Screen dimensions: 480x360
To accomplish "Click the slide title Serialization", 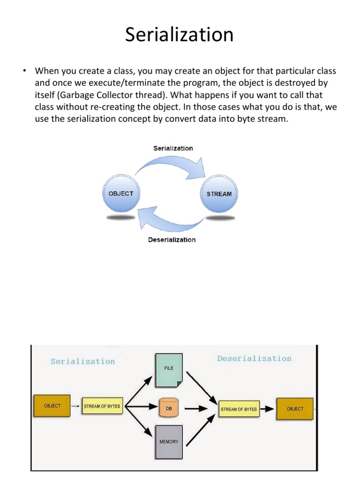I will tap(179, 35).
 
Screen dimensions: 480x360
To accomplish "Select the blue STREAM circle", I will tap(219, 194).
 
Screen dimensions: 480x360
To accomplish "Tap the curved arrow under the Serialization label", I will tap(173, 166).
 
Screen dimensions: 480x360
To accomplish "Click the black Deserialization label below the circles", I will tap(172, 240).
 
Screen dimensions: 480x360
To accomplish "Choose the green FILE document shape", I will tap(169, 370).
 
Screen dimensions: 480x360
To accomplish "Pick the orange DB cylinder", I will tap(169, 408).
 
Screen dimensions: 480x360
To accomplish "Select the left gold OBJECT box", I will tap(52, 406).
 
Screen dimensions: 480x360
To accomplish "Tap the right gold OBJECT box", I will tap(295, 409).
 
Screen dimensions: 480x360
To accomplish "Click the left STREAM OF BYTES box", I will tap(102, 406).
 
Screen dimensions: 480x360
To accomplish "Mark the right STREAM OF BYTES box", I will tap(239, 409).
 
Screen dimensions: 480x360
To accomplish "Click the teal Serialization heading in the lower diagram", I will tap(82, 361).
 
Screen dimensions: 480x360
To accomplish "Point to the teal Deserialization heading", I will tap(254, 359).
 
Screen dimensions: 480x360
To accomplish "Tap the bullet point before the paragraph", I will tap(22, 71).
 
